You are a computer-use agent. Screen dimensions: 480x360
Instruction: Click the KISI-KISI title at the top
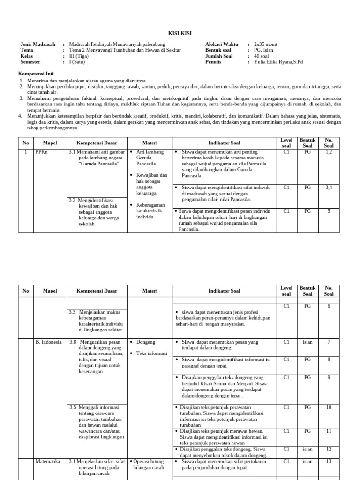click(x=180, y=33)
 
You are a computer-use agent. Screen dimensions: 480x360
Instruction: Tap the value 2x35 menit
click(x=266, y=44)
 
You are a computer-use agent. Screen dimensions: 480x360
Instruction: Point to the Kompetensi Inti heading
click(x=36, y=74)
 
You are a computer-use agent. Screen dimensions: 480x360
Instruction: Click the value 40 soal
click(x=262, y=56)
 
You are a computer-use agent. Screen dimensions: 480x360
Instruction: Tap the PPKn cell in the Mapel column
click(x=42, y=152)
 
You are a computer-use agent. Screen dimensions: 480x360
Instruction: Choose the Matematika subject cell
click(x=48, y=461)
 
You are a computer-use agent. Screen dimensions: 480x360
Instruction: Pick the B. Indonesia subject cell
click(x=48, y=342)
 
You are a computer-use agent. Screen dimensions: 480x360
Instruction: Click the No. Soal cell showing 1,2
click(x=329, y=152)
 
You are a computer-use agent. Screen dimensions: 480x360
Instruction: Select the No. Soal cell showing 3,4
click(x=329, y=187)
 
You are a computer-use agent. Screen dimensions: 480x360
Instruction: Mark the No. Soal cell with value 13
click(x=329, y=461)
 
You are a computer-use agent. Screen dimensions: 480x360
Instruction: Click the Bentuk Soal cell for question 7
click(x=307, y=342)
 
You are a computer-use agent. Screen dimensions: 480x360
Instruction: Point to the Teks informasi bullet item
click(x=151, y=353)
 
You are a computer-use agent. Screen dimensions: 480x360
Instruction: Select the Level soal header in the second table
click(x=286, y=291)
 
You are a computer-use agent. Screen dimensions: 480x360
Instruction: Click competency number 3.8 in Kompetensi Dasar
click(x=73, y=342)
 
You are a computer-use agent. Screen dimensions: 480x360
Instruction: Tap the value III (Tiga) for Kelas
click(x=78, y=56)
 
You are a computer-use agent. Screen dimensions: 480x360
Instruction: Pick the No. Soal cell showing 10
click(x=329, y=407)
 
